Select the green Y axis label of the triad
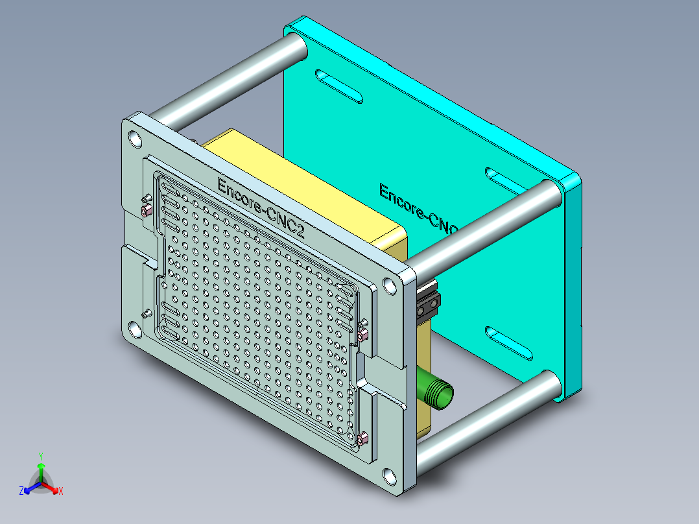[x=40, y=456]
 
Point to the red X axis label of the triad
[x=61, y=492]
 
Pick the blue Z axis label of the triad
[x=21, y=492]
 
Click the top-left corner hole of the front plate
[x=135, y=138]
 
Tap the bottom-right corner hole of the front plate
[x=389, y=476]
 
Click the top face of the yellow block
[x=305, y=185]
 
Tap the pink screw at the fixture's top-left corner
[x=146, y=209]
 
